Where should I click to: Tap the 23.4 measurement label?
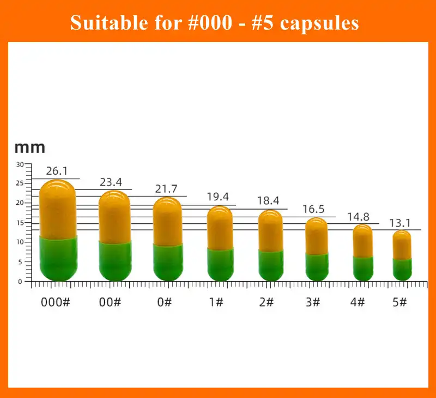tap(111, 182)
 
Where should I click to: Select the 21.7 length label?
tap(166, 189)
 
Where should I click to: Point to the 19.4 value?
tap(217, 197)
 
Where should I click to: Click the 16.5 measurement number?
tap(314, 209)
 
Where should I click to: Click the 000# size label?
tap(56, 302)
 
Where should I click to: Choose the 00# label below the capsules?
tap(110, 302)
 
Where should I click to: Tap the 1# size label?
tap(216, 302)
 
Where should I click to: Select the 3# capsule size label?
tap(312, 302)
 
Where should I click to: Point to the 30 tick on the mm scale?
tap(20, 164)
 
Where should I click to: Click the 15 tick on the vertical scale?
tap(20, 223)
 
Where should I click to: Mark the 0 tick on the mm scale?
tap(20, 281)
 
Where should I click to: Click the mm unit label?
tap(29, 147)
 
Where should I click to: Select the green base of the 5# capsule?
tap(402, 269)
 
